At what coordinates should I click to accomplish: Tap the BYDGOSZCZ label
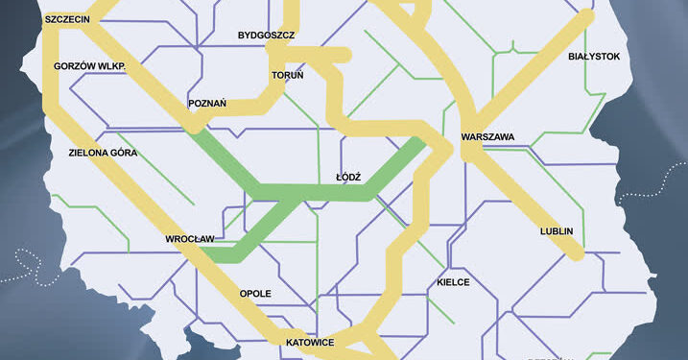click(x=266, y=36)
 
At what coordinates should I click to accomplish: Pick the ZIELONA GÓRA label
click(x=103, y=153)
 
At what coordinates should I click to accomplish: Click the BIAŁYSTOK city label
click(x=594, y=58)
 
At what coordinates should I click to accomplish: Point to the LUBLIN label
click(x=557, y=231)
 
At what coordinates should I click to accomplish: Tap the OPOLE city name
click(x=255, y=293)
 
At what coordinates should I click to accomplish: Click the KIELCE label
click(x=452, y=283)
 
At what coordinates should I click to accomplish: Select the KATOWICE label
click(x=309, y=342)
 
